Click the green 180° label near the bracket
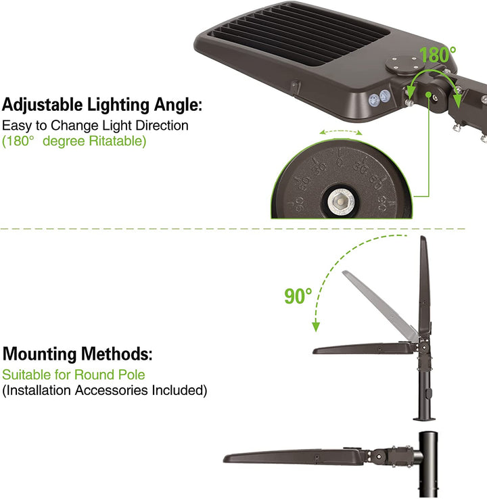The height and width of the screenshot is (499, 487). pos(438,54)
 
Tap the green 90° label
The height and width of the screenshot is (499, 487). pos(298,296)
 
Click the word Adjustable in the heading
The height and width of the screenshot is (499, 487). pos(43,105)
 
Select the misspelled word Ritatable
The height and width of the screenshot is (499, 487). pos(117,141)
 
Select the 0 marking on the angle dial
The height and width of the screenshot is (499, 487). pos(340,162)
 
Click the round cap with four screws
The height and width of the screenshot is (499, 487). pos(404,65)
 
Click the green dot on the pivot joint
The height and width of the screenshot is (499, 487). pos(428,95)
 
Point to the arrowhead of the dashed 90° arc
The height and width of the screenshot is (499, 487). pos(315,327)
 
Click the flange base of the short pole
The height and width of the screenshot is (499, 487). pos(424,419)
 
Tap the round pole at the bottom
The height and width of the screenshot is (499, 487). pos(428,465)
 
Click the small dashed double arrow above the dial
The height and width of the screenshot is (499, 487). pos(341,132)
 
